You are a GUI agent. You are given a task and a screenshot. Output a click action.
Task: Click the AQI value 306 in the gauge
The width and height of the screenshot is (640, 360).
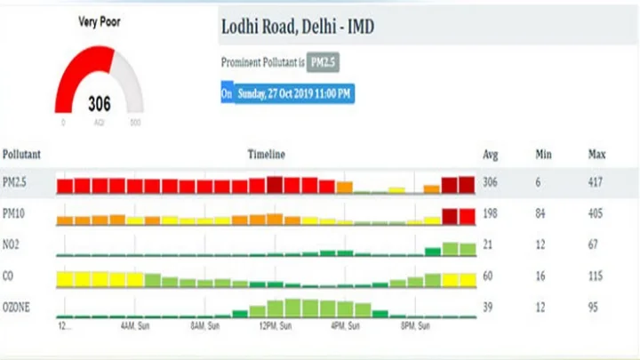click(x=100, y=105)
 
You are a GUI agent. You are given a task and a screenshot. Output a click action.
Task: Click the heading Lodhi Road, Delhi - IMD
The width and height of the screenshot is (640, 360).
click(x=297, y=28)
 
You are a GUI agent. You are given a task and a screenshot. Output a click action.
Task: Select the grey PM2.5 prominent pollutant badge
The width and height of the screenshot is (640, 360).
click(x=330, y=63)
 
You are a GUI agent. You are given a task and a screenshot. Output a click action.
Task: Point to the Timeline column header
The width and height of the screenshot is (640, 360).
click(x=266, y=155)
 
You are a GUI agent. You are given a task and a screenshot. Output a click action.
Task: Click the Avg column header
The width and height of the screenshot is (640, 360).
click(x=490, y=155)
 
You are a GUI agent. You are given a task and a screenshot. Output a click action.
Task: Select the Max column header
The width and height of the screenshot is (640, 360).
click(x=596, y=155)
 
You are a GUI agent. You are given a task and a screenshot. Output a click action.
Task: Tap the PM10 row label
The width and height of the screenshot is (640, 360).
click(x=15, y=214)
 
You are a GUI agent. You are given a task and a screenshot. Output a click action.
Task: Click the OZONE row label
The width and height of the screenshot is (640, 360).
click(x=18, y=306)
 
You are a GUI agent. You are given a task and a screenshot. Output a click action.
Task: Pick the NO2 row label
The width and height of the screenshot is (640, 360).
click(x=13, y=245)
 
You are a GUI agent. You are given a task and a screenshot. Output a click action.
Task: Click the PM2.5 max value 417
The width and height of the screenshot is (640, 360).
click(x=596, y=182)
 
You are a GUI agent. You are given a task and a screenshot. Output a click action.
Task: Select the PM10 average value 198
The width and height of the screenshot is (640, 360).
click(x=490, y=214)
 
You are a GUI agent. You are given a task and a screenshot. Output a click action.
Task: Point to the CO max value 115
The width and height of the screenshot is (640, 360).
click(x=596, y=276)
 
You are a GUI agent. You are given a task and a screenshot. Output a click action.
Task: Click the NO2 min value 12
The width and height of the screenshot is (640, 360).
click(x=540, y=245)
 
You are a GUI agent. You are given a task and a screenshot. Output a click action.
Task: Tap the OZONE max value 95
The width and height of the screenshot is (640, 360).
click(x=593, y=306)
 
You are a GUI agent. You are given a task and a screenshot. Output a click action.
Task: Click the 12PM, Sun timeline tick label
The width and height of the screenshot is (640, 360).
click(x=275, y=326)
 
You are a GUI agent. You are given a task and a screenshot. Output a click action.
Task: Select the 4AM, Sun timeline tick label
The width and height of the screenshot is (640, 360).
click(x=136, y=326)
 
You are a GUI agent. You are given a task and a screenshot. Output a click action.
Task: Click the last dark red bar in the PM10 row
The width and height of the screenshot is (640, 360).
click(x=468, y=216)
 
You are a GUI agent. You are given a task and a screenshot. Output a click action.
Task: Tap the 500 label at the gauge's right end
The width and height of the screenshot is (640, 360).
click(x=135, y=123)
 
